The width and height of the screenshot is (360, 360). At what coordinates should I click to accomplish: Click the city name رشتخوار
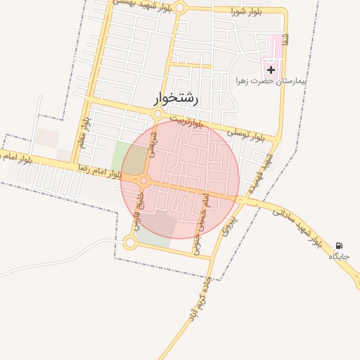[x=176, y=99]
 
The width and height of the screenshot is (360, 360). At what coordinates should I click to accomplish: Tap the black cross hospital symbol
[x=271, y=70]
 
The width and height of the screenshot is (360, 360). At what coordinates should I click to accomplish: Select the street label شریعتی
[x=153, y=151]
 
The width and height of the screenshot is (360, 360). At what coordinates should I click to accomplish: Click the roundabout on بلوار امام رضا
[x=144, y=181]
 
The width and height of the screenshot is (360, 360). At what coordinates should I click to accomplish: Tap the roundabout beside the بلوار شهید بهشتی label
[x=180, y=8]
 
